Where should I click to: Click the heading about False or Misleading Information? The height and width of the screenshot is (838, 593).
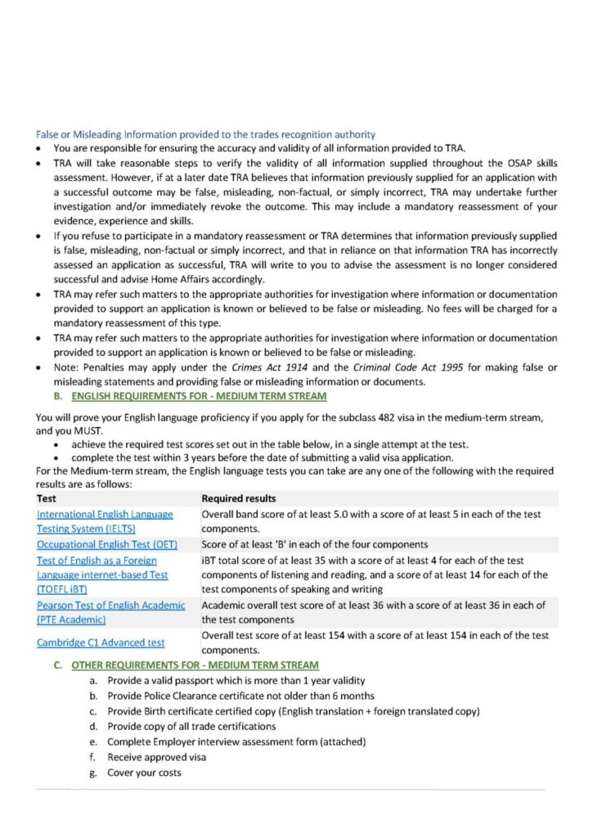click(205, 133)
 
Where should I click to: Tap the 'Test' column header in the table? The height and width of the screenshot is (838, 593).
click(47, 498)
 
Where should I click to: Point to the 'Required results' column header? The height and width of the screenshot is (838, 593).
click(238, 498)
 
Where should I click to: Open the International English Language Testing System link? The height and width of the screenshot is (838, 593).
click(105, 521)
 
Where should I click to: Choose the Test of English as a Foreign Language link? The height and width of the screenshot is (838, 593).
click(102, 574)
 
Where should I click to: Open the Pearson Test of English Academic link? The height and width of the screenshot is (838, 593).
click(110, 612)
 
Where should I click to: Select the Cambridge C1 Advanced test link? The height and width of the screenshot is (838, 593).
click(101, 642)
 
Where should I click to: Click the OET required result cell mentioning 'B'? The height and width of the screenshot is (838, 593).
click(314, 544)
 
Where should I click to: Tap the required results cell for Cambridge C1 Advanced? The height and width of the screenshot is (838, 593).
click(375, 642)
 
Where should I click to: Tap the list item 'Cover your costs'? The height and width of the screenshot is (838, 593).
click(145, 773)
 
